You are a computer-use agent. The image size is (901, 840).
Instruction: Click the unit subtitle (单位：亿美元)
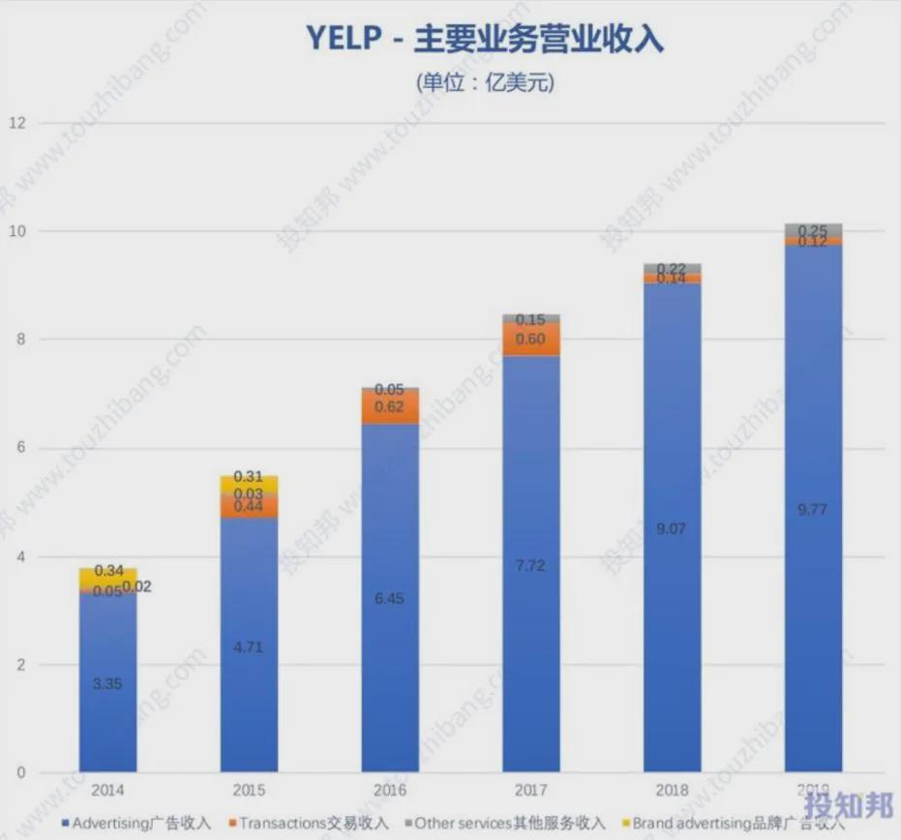(485, 83)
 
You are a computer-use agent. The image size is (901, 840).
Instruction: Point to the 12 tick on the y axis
(17, 123)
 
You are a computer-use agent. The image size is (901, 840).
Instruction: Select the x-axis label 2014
(107, 791)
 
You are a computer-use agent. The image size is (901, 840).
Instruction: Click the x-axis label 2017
(530, 791)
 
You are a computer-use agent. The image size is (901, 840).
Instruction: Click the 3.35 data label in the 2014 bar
(107, 683)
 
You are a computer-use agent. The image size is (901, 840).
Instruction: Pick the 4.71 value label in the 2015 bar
(249, 645)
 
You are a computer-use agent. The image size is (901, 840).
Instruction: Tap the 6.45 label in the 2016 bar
(390, 598)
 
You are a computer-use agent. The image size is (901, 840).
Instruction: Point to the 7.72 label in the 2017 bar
(530, 565)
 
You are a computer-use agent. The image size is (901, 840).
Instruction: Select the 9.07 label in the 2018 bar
(672, 528)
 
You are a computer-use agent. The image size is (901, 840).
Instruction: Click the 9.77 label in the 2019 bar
(813, 509)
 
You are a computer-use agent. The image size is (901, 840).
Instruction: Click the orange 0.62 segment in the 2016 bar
(390, 407)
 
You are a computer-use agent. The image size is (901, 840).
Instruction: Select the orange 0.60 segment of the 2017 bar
(530, 339)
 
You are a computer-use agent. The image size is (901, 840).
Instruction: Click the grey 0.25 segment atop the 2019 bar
(813, 230)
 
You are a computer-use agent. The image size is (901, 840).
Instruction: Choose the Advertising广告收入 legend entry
(135, 824)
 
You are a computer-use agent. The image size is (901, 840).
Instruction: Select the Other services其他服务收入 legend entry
(503, 824)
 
